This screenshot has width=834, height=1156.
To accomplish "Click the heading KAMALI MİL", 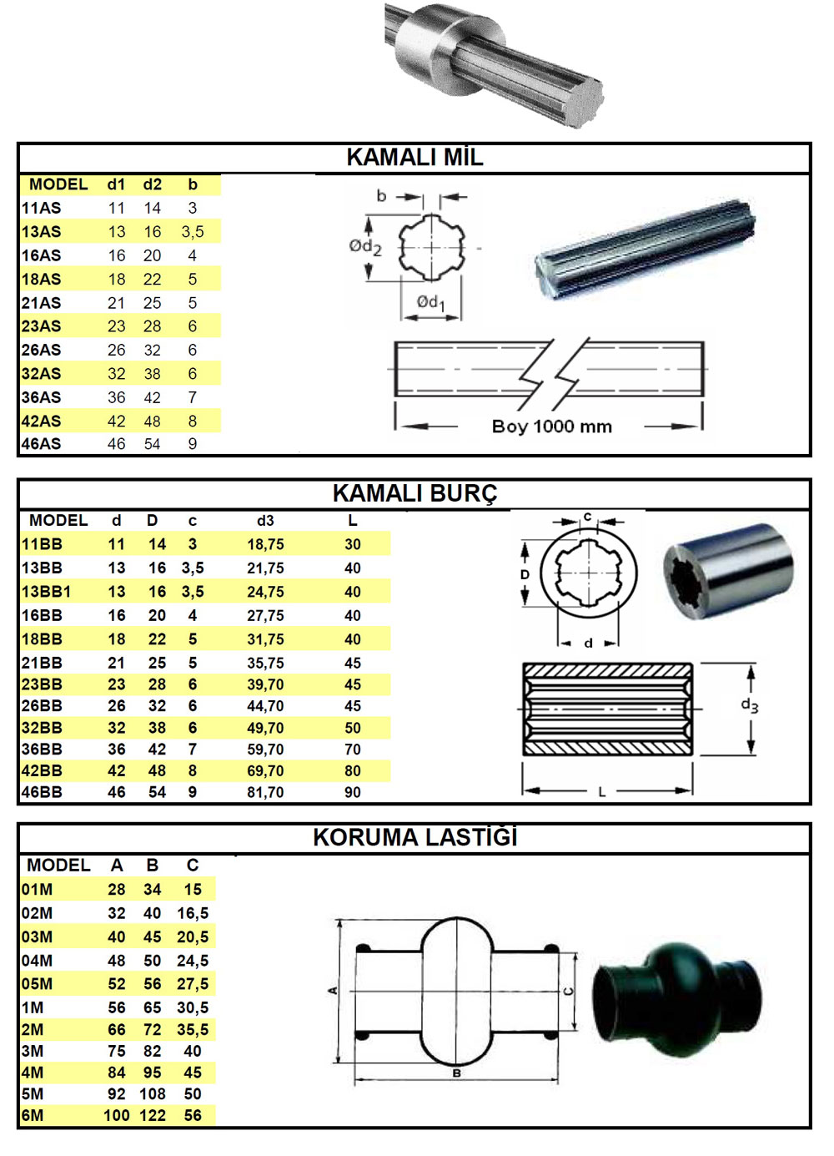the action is point(414,158).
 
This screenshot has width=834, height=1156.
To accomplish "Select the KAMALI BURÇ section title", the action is point(414,494).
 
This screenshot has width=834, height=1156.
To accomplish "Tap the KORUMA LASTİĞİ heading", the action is point(415,838).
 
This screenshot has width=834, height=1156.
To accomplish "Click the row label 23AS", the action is point(41,326).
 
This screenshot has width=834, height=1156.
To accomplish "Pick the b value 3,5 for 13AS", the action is point(193,232).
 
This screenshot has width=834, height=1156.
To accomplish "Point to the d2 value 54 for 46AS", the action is point(152,444).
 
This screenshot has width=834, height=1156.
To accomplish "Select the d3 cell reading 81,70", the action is point(265,792).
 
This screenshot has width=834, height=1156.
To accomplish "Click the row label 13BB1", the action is point(46,592).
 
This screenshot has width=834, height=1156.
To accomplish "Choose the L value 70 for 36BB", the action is point(353,750).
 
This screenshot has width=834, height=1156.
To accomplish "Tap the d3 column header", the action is point(265,521).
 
